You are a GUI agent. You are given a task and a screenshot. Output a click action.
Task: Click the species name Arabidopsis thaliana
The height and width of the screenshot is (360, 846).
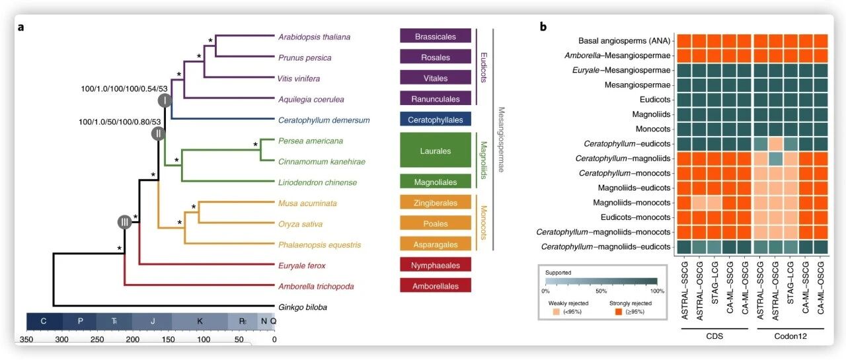tap(314, 37)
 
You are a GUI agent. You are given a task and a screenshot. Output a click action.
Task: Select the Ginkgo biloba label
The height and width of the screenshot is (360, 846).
tap(303, 307)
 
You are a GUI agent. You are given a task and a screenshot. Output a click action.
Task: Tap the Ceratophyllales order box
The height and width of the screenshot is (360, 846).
tap(436, 120)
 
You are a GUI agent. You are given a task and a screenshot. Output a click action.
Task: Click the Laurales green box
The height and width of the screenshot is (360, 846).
tap(436, 151)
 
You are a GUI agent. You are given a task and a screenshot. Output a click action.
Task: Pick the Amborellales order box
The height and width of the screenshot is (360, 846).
tap(436, 285)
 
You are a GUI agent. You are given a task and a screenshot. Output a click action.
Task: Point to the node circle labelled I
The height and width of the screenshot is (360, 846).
tap(165, 101)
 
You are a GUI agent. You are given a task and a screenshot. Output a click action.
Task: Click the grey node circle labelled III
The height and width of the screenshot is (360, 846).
tap(125, 222)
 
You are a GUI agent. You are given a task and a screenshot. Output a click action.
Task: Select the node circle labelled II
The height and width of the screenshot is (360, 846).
tap(159, 133)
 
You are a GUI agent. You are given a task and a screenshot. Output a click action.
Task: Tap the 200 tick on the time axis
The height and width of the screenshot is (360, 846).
tap(133, 340)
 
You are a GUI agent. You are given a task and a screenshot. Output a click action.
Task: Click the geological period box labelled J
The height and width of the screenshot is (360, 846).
tap(153, 322)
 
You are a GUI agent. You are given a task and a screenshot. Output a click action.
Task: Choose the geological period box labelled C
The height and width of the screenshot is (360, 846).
tap(44, 322)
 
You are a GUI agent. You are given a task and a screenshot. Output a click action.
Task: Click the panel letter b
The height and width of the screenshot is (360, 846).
tap(543, 26)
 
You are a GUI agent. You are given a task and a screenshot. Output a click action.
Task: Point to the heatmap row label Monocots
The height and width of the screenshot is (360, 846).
tap(652, 129)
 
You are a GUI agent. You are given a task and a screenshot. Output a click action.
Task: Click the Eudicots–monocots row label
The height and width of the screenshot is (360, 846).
tap(635, 217)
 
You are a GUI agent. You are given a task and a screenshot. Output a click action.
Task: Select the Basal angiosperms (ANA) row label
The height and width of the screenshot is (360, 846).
tap(625, 41)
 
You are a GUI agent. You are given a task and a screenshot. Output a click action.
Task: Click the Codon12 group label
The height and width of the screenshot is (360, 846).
tap(790, 336)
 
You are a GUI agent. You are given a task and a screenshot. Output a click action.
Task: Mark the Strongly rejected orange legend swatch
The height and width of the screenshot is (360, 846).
tap(618, 312)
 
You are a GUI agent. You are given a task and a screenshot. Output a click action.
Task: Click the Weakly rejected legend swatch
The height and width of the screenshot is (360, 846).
tap(557, 312)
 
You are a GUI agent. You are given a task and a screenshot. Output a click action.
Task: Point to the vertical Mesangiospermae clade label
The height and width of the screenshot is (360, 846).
tap(501, 139)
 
